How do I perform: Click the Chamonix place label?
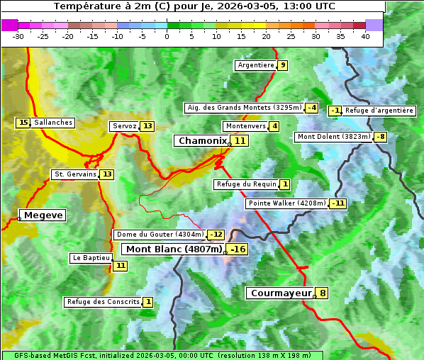202,141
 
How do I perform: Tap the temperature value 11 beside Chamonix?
240,141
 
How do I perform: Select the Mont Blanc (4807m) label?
174,249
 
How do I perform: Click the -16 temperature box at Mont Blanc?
238,249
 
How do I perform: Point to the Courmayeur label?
281,293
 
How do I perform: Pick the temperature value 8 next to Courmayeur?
323,293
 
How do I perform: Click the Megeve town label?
43,215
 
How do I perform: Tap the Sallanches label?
53,123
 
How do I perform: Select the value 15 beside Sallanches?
23,123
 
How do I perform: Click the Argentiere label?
256,65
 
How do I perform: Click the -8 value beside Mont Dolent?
381,137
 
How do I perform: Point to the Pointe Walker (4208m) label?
286,203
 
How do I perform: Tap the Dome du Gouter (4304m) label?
160,235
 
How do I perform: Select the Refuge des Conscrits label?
103,302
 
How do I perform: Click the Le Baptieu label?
91,258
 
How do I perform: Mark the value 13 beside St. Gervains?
107,174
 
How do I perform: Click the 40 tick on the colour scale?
365,36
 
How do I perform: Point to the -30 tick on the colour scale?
18,36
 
